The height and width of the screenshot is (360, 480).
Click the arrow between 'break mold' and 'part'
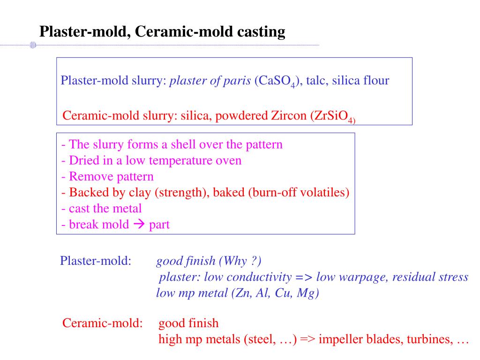pos(139,224)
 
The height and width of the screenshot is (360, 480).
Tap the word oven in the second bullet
pos(228,160)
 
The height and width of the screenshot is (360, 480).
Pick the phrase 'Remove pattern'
pos(111,176)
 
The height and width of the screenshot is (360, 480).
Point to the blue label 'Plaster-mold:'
pos(95,261)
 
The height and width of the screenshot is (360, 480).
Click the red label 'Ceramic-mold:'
pos(103,323)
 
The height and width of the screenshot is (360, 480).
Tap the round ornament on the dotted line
pos(33,45)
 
